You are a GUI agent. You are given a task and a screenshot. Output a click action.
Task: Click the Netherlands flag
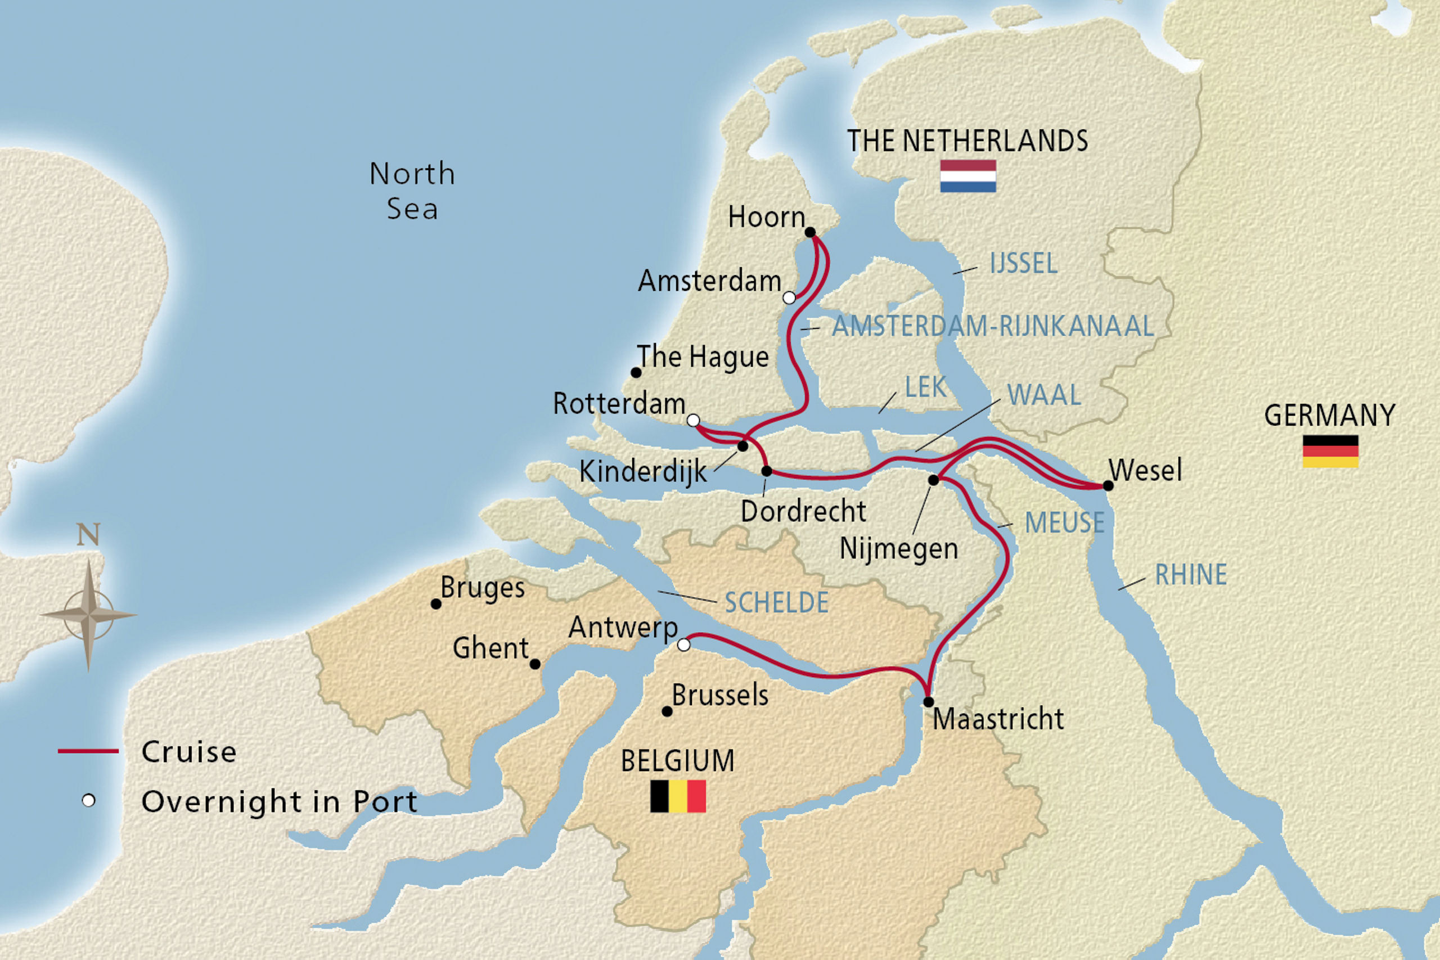point(968,177)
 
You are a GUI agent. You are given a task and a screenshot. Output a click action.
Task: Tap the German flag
point(1330,451)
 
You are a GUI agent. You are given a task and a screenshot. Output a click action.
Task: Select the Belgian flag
point(678,796)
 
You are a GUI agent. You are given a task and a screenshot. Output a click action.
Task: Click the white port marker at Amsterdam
point(789,298)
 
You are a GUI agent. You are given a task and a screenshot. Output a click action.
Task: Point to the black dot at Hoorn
point(810,232)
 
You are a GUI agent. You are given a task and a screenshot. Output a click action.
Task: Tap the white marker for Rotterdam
point(693,420)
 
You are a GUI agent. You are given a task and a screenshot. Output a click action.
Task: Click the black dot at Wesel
point(1108,485)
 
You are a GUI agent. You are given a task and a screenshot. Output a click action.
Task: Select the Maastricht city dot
point(928,702)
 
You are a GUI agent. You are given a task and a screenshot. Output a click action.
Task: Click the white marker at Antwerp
point(684,644)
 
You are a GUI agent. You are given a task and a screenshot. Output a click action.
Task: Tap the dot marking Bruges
point(436,603)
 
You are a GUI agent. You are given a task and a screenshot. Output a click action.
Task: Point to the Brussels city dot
point(667,711)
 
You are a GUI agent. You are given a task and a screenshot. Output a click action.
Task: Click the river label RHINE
point(1190,575)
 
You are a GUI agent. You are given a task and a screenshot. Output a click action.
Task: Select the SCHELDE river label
point(776,603)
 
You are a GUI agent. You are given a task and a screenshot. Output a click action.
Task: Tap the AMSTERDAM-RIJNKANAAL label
point(992,326)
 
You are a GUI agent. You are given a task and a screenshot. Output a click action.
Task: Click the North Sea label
point(412,191)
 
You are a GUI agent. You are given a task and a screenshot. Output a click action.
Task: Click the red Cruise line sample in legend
point(88,751)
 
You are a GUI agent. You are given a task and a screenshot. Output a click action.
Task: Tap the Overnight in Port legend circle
point(89,801)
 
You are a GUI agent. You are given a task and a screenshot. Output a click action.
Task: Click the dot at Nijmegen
point(933,480)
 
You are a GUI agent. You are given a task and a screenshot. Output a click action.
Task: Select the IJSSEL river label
point(1023,264)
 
